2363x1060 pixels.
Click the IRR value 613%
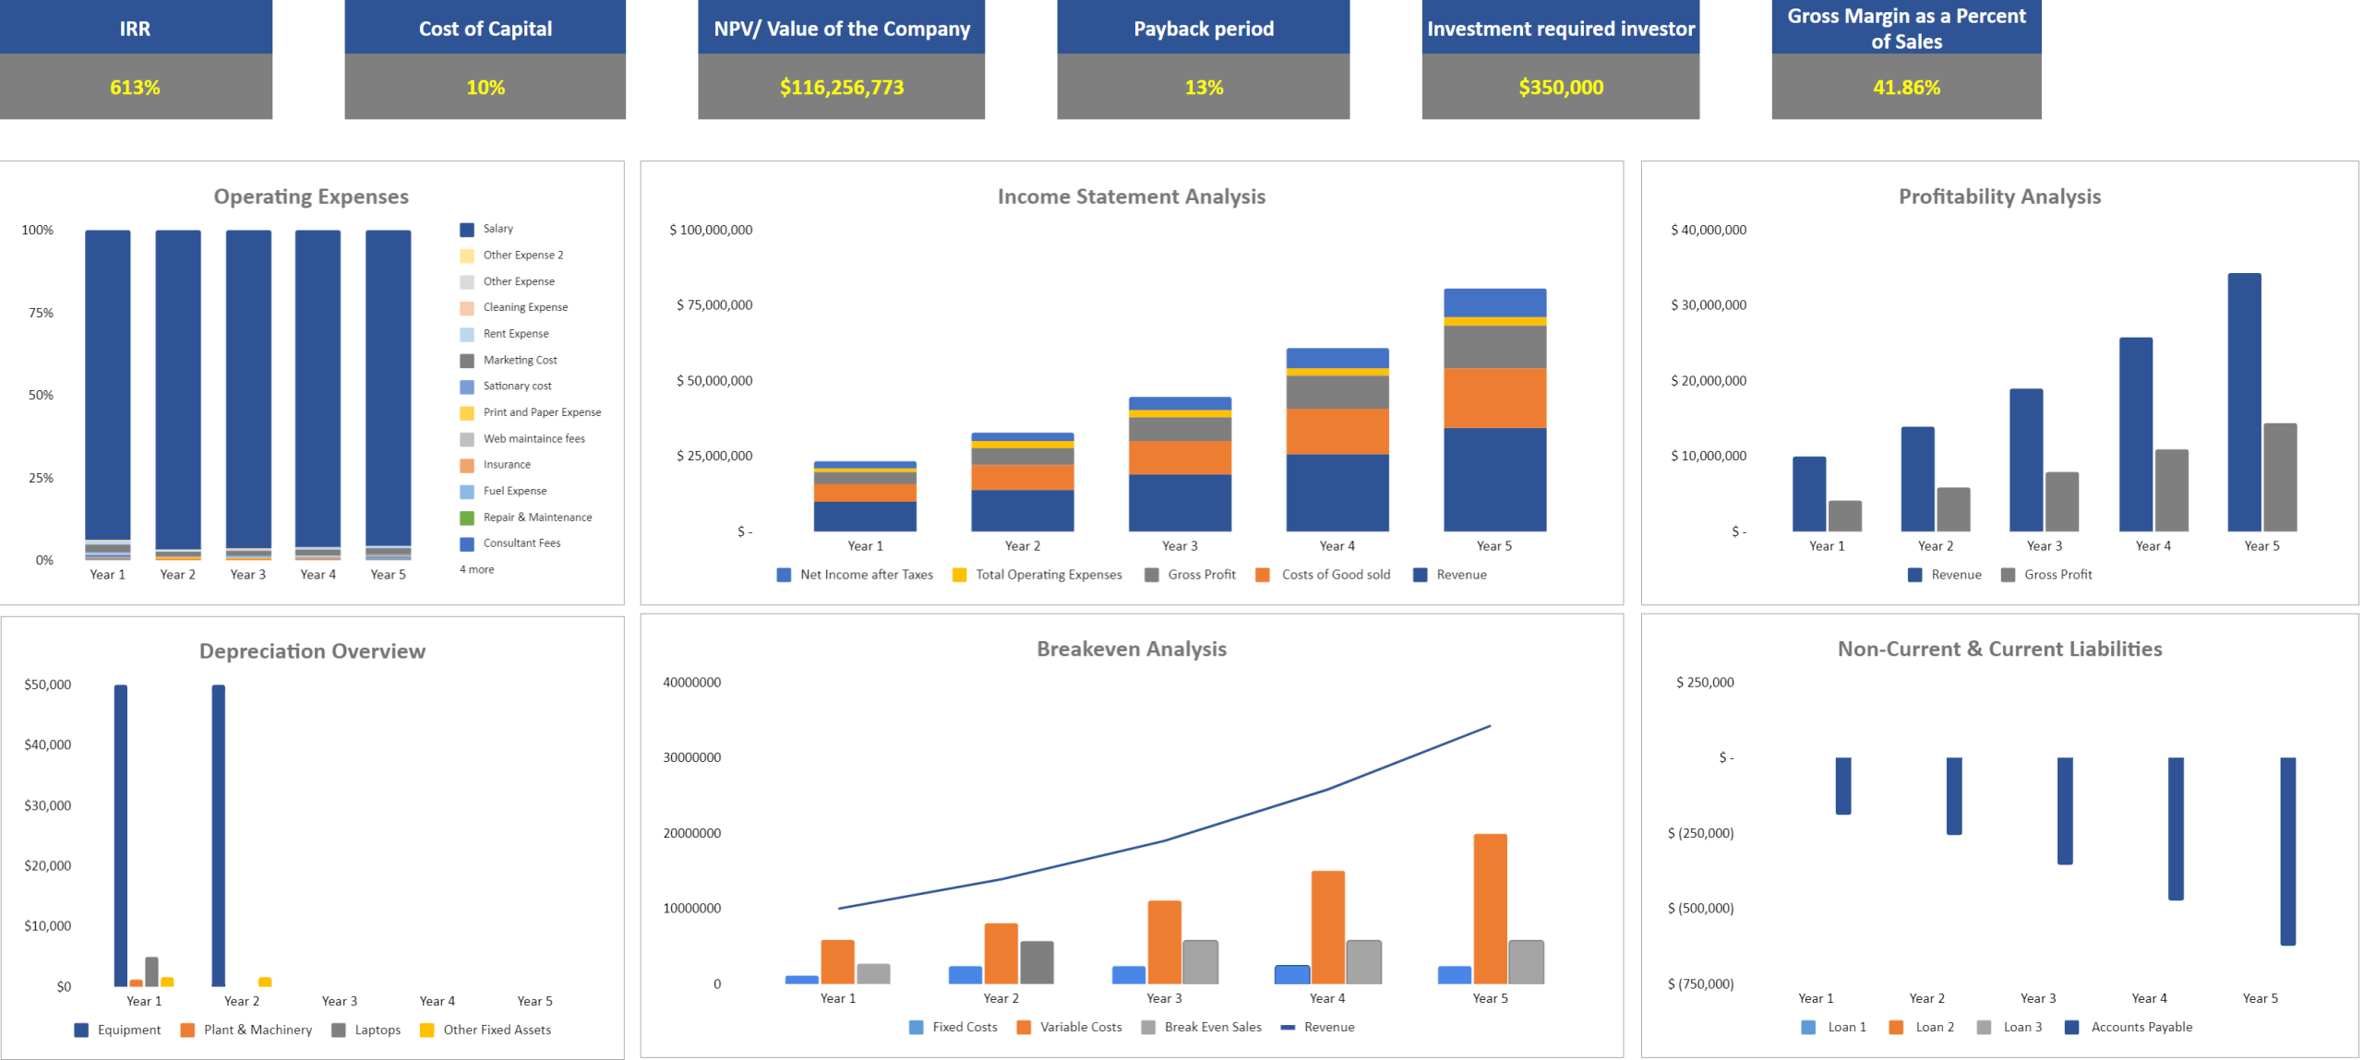(135, 88)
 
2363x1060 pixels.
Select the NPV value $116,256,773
(840, 88)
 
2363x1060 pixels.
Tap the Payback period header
(1202, 29)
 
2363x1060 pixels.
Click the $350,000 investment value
(1559, 88)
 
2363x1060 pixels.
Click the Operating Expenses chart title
(310, 197)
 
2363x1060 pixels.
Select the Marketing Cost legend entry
(519, 360)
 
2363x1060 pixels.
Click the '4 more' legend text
(476, 569)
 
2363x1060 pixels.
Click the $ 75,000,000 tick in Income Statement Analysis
(713, 305)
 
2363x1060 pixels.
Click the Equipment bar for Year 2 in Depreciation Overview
(218, 835)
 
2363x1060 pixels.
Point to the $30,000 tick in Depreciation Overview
(47, 805)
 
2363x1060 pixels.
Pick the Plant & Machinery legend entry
(257, 1030)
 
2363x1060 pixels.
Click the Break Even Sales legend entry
(1211, 1027)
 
